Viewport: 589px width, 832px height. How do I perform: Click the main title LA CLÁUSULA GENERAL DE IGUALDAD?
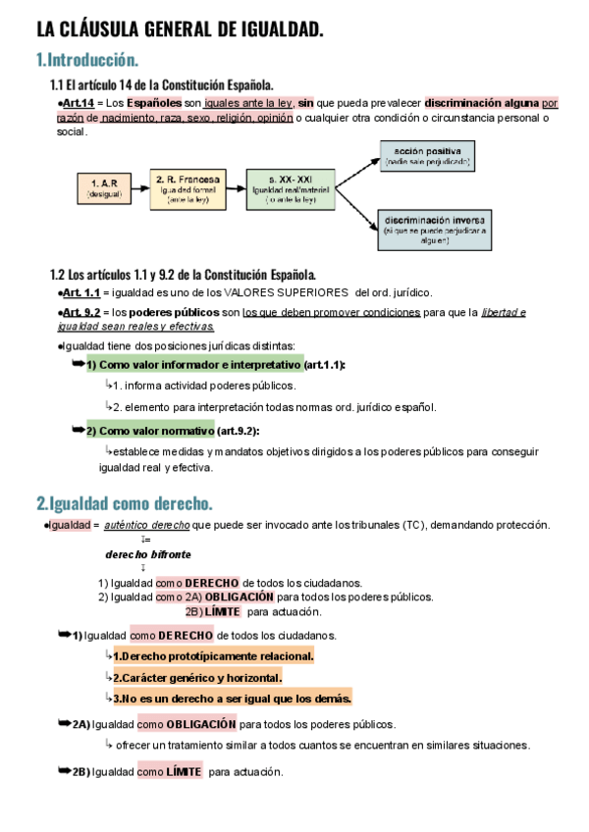[180, 30]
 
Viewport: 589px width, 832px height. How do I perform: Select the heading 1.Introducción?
[87, 60]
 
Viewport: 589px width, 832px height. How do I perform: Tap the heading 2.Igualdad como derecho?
[125, 503]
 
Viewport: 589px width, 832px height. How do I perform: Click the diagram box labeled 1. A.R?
[104, 187]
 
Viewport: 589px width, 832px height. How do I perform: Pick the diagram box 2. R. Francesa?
[187, 187]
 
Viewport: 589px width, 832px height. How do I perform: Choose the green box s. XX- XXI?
[291, 187]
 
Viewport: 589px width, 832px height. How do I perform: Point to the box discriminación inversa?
[433, 230]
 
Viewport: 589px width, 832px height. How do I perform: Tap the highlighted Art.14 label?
[78, 102]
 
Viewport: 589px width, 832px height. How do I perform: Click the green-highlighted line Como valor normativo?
[148, 431]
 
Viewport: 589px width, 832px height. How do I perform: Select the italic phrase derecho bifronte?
[149, 553]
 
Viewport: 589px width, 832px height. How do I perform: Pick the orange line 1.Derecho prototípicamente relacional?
[213, 655]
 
